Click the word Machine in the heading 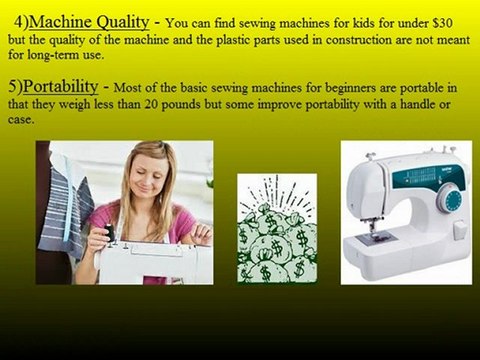click(73, 20)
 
